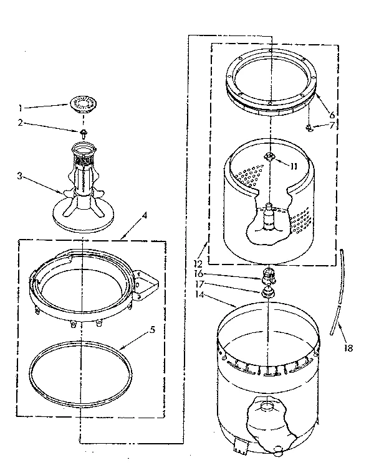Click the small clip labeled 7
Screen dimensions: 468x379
tap(309, 128)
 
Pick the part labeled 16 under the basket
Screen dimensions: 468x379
tap(269, 274)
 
